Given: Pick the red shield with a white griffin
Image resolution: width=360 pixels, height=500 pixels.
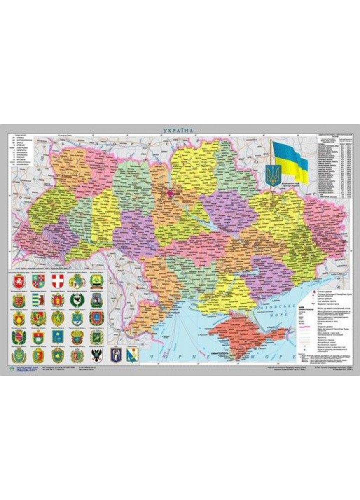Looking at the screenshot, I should [18, 280].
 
